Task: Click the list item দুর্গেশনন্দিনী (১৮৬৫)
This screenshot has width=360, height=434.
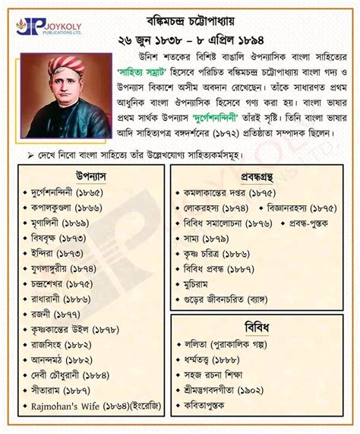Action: (65, 193)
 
